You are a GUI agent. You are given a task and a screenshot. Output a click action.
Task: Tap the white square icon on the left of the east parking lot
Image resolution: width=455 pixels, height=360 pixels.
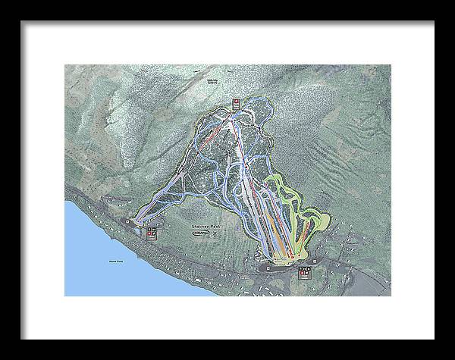[267, 267]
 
